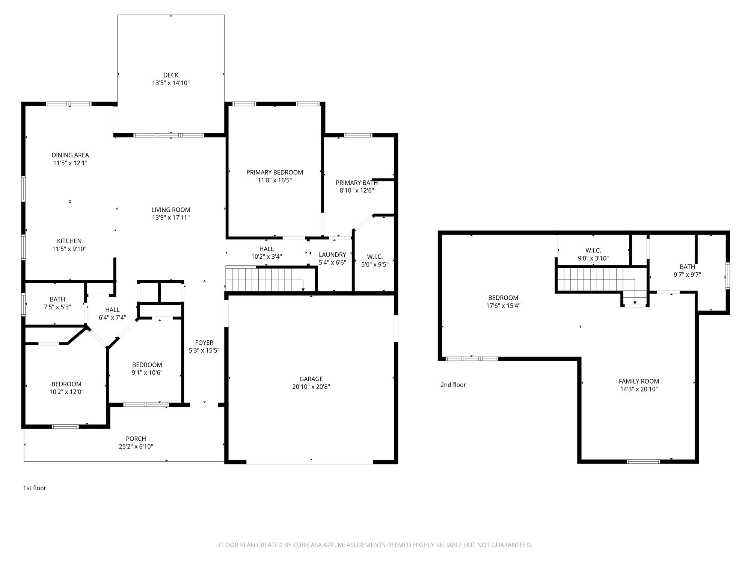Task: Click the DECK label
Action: (171, 75)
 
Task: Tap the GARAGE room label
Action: (311, 379)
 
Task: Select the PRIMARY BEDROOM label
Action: (274, 172)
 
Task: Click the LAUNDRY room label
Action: (332, 255)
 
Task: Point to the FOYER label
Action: (204, 343)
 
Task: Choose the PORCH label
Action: (136, 439)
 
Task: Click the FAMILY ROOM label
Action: (639, 381)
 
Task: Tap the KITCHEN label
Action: (69, 241)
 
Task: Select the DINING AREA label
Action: (70, 155)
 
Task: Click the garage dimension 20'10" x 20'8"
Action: (311, 387)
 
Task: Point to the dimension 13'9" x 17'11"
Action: (171, 218)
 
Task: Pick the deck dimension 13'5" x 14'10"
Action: (171, 83)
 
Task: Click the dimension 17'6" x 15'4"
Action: (503, 306)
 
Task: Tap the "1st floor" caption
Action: (35, 488)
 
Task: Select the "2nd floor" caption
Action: (453, 385)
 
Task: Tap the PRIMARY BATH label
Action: (357, 183)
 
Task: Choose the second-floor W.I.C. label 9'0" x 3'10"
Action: (593, 254)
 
